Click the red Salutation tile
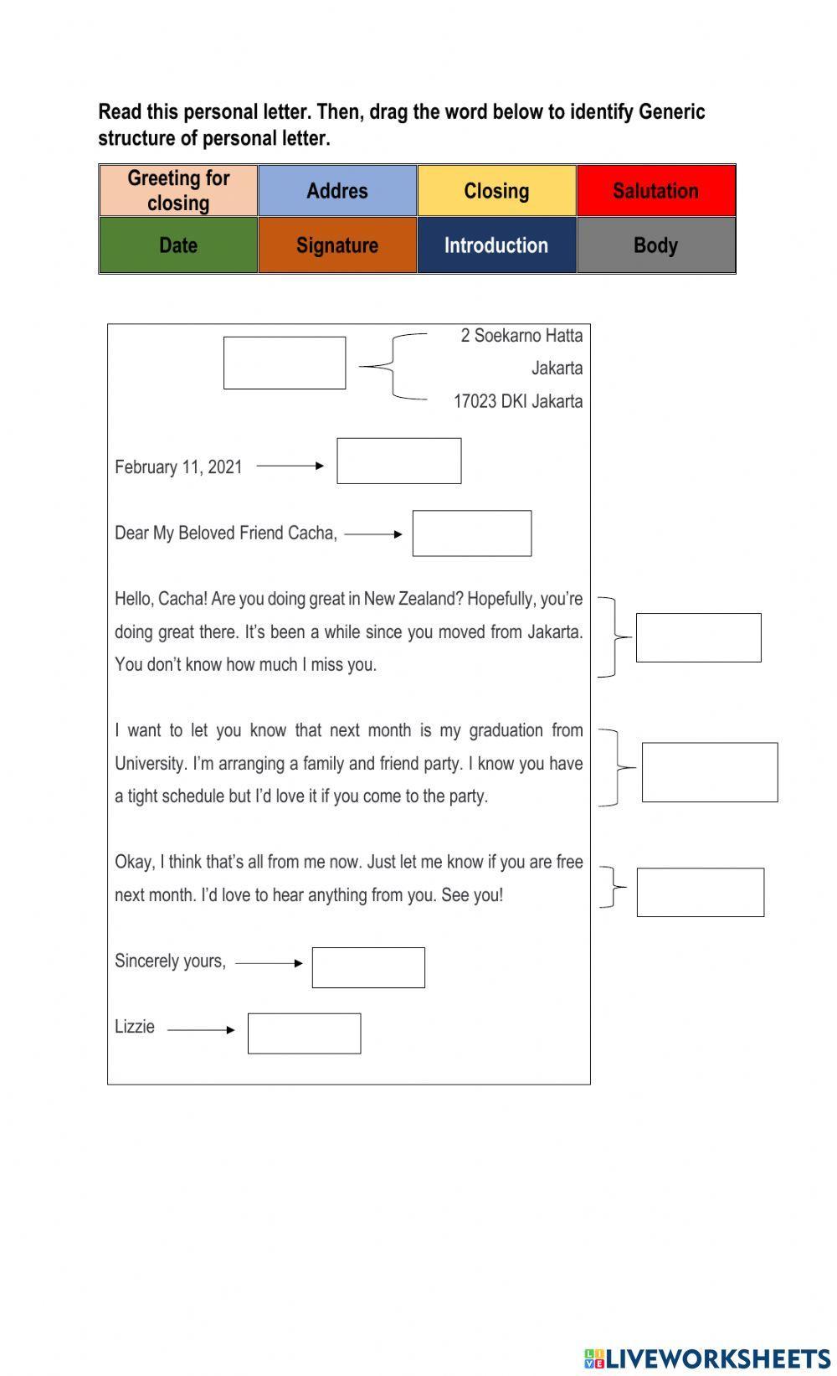pyautogui.click(x=655, y=191)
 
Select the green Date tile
pyautogui.click(x=178, y=245)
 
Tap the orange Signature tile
pyautogui.click(x=337, y=245)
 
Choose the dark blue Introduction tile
pyautogui.click(x=496, y=245)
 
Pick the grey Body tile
pyautogui.click(x=655, y=245)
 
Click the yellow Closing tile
pyautogui.click(x=496, y=191)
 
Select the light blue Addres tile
pyautogui.click(x=337, y=191)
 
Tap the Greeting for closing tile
pyautogui.click(x=178, y=191)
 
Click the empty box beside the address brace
pyautogui.click(x=285, y=363)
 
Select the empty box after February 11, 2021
pyautogui.click(x=398, y=461)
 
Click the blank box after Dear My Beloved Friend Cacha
pyautogui.click(x=472, y=533)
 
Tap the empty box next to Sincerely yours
pyautogui.click(x=368, y=967)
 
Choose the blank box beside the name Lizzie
pyautogui.click(x=304, y=1033)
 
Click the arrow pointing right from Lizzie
pyautogui.click(x=202, y=1030)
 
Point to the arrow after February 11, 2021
pyautogui.click(x=290, y=466)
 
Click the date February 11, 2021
pyautogui.click(x=178, y=467)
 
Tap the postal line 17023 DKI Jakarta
pyautogui.click(x=518, y=401)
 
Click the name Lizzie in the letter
pyautogui.click(x=135, y=1027)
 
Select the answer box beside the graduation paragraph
pyautogui.click(x=710, y=772)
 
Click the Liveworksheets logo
pyautogui.click(x=707, y=1358)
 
